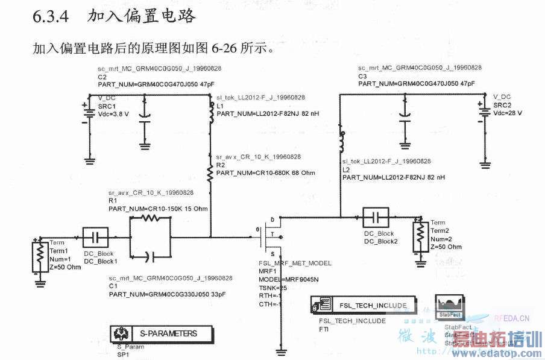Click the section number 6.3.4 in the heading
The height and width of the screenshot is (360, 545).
[52, 16]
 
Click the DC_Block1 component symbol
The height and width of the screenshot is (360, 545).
[96, 236]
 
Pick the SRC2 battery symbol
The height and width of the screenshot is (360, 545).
[484, 112]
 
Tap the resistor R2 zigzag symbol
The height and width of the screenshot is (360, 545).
[210, 174]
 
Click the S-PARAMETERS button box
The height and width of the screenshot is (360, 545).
[162, 333]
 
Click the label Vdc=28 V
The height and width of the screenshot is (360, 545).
[507, 113]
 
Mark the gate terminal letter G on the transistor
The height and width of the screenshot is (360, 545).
[257, 229]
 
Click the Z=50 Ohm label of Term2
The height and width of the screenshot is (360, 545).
[446, 247]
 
